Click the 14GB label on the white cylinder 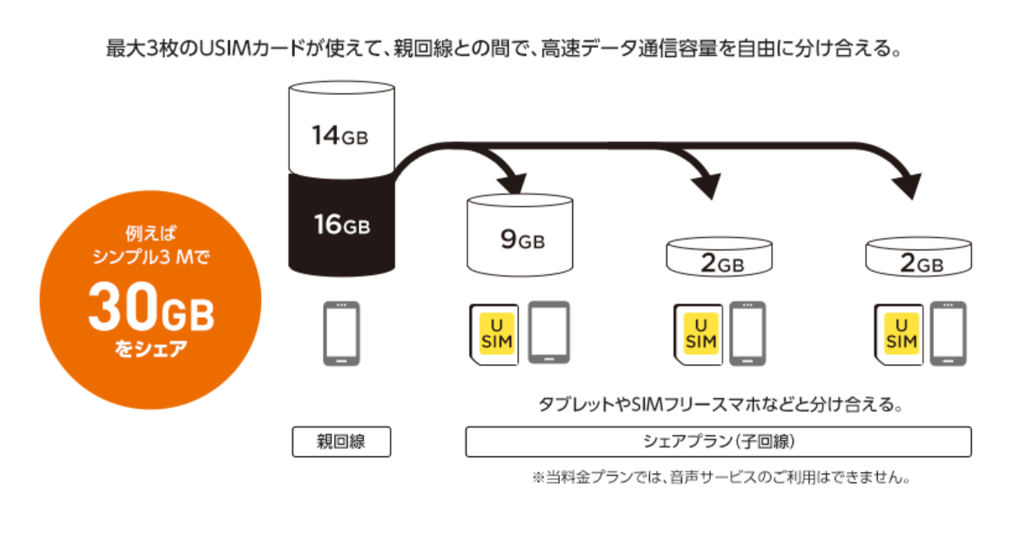pos(339,135)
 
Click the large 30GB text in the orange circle pos(151,310)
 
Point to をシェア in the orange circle pos(150,349)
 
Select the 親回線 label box pos(341,442)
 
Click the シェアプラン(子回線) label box pos(718,442)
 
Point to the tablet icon pos(548,333)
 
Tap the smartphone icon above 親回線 pos(340,333)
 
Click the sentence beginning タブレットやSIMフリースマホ pos(718,406)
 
